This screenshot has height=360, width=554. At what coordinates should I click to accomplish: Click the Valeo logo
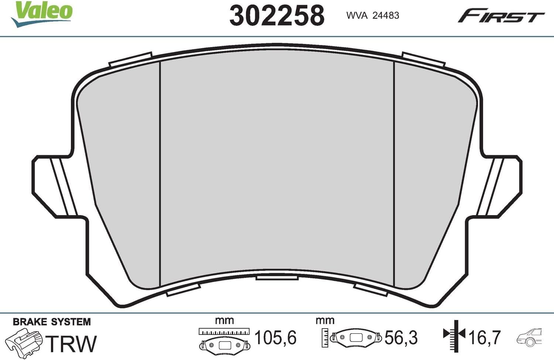pyautogui.click(x=41, y=14)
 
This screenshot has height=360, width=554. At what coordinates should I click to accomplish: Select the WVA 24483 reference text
pyautogui.click(x=373, y=16)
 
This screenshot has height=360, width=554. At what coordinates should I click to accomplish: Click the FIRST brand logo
pyautogui.click(x=501, y=16)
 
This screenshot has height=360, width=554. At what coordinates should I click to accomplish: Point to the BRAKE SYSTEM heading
pyautogui.click(x=52, y=322)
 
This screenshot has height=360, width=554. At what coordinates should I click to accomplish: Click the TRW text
pyautogui.click(x=71, y=343)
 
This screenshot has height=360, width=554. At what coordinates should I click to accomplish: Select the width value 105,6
pyautogui.click(x=276, y=337)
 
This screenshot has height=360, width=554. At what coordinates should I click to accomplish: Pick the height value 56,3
pyautogui.click(x=401, y=338)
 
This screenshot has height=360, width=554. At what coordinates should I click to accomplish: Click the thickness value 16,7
pyautogui.click(x=485, y=337)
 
